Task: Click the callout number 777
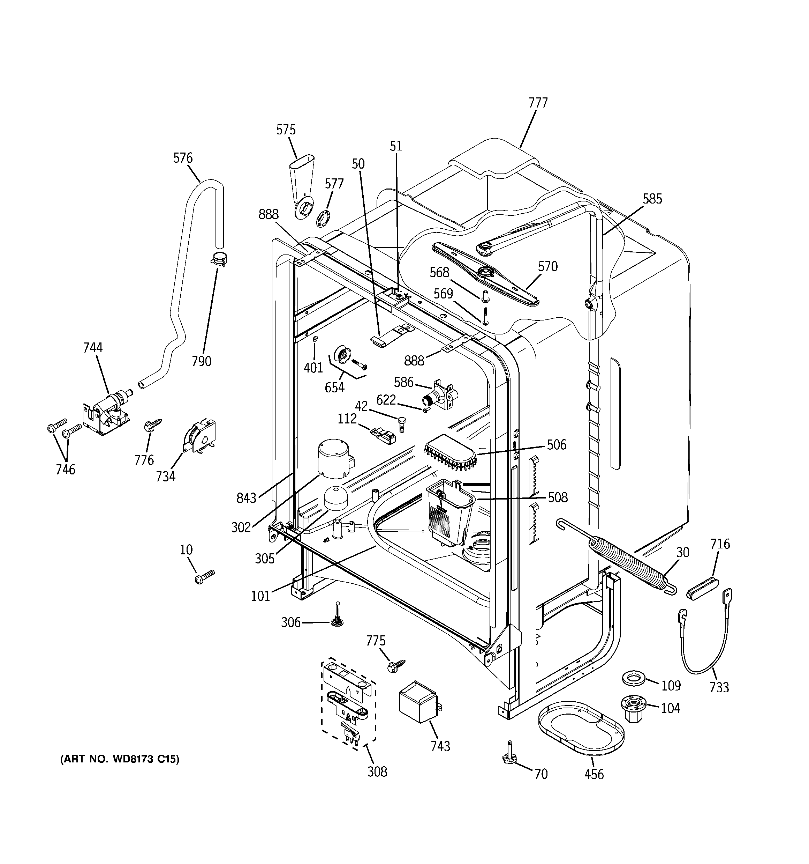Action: point(538,103)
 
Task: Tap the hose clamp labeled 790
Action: point(218,260)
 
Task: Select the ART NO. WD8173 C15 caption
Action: point(119,759)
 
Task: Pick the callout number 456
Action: point(593,774)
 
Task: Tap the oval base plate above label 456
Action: point(581,726)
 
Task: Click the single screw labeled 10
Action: point(205,577)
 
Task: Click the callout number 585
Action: point(652,199)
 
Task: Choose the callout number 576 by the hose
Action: point(183,158)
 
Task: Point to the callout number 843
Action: point(246,497)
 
